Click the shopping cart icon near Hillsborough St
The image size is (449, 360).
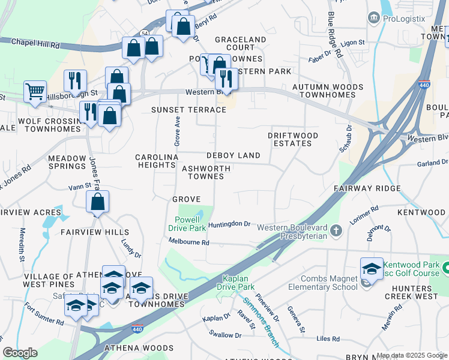35,92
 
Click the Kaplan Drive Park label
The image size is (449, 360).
244,283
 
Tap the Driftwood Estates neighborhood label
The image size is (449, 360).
293,140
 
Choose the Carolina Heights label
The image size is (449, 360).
157,161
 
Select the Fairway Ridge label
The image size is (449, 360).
367,188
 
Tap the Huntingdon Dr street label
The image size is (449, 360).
229,224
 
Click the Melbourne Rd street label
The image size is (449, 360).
188,242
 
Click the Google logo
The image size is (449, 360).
20,353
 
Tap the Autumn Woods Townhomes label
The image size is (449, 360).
327,91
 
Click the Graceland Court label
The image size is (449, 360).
241,43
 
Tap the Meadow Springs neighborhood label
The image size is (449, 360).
67,162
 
